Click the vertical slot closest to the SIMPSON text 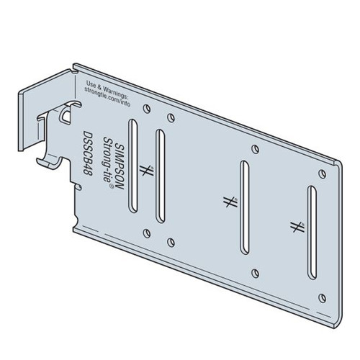pyautogui.click(x=132, y=166)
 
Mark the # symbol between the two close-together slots pyautogui.click(x=145, y=171)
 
